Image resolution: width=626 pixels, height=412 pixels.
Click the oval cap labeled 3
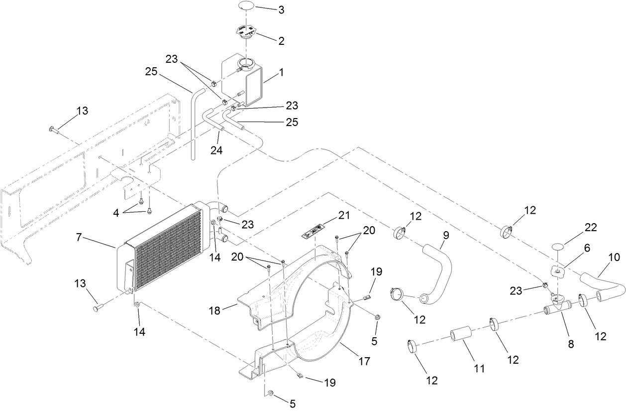coord(246,5)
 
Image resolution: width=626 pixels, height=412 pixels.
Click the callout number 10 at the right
coord(614,257)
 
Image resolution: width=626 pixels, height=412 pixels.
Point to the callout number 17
coord(364,361)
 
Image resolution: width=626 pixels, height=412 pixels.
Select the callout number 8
coord(571,344)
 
